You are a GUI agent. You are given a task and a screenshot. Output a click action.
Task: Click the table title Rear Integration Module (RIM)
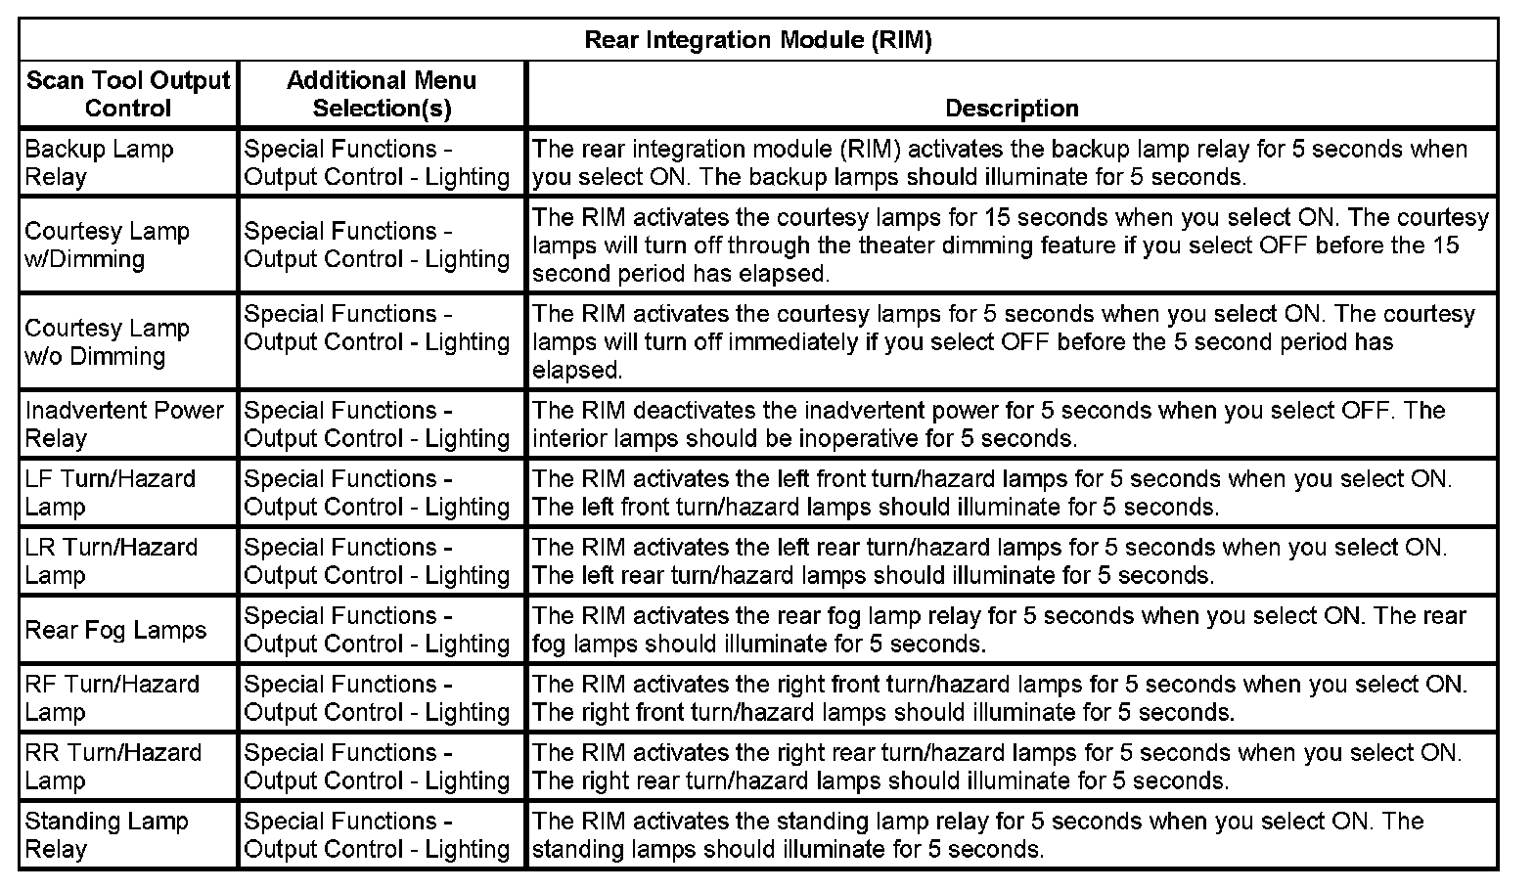(758, 40)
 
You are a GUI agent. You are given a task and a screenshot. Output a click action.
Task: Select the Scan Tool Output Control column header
(128, 94)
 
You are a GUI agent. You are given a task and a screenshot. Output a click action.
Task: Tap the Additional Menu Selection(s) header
(382, 94)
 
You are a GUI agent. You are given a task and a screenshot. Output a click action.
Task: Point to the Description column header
(1012, 108)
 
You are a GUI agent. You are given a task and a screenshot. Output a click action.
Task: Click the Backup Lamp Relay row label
(99, 163)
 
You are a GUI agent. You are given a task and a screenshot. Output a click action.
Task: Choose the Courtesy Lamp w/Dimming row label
(107, 245)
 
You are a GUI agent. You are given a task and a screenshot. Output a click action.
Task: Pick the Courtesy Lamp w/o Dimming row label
(107, 342)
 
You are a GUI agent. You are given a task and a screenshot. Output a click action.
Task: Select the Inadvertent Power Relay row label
(124, 424)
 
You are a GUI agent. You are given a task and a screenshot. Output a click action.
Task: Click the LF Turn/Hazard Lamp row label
(110, 493)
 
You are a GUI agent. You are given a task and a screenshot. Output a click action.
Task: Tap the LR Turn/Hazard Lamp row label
(111, 561)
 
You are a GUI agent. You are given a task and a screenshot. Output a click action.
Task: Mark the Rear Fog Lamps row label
(115, 630)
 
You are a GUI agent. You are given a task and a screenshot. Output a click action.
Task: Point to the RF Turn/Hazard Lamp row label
(112, 698)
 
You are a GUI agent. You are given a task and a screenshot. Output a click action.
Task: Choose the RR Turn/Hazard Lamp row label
(113, 767)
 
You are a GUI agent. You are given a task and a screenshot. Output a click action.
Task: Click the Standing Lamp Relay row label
(106, 835)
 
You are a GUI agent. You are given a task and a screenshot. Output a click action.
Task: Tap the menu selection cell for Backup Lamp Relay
(377, 163)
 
